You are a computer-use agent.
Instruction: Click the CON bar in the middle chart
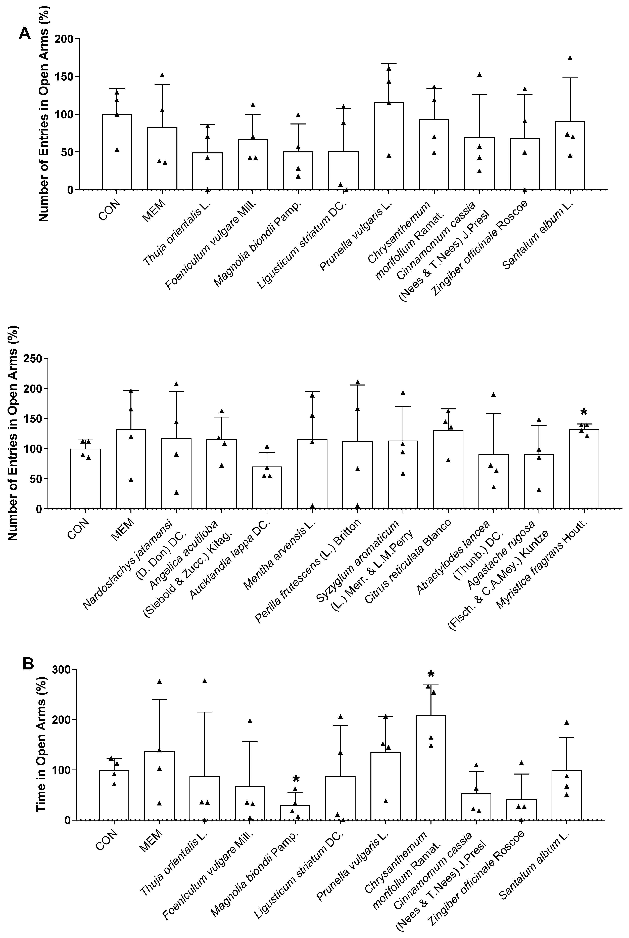click(x=85, y=478)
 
